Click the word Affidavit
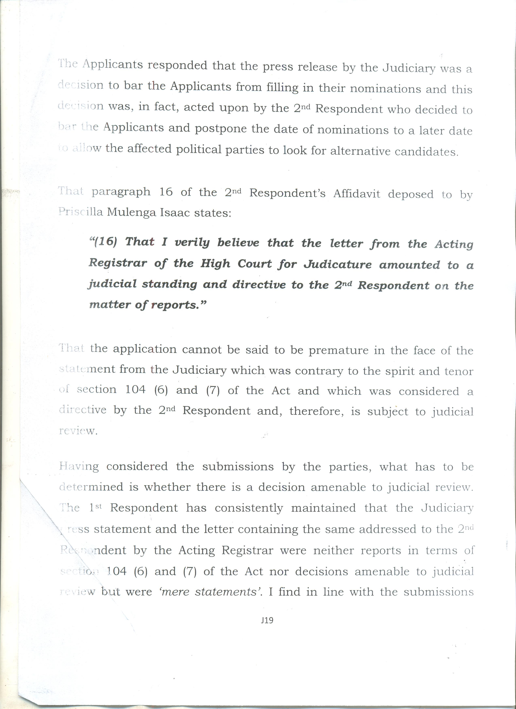pyautogui.click(x=357, y=194)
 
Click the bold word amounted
pyautogui.click(x=410, y=265)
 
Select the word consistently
pyautogui.click(x=249, y=508)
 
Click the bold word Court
pyautogui.click(x=255, y=264)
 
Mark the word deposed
pyautogui.click(x=411, y=194)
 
